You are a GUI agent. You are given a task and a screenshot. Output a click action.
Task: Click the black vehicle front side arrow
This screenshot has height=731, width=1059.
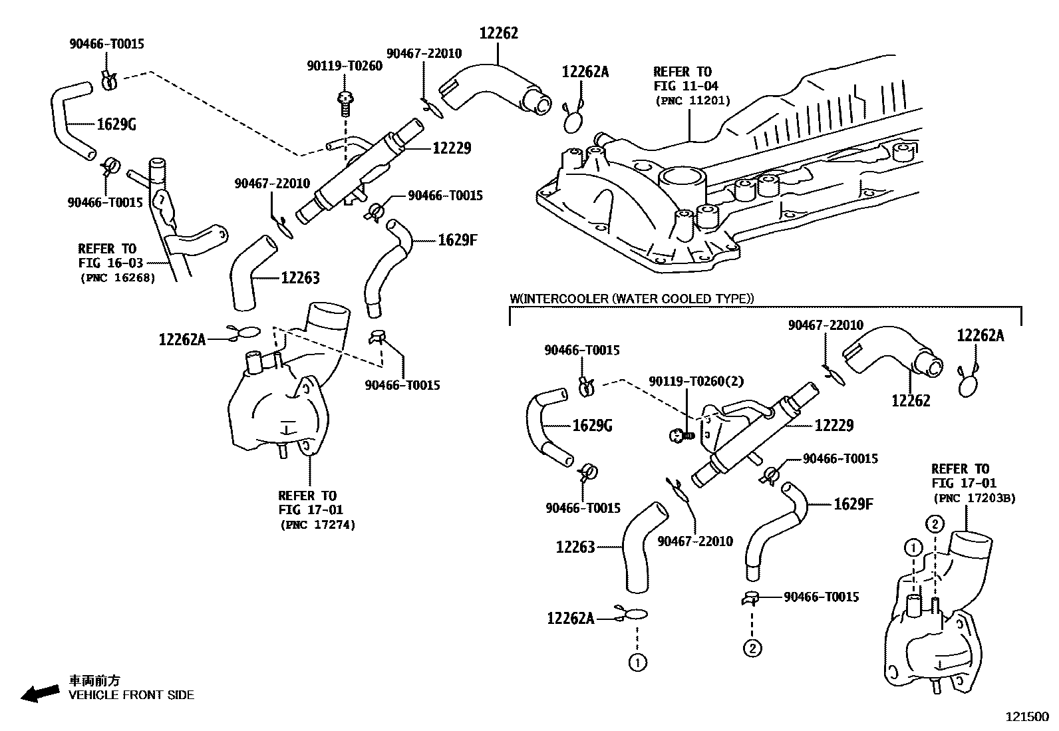[x=39, y=692]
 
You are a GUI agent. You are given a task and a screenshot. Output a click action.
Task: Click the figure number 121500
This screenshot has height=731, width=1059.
[x=1026, y=718]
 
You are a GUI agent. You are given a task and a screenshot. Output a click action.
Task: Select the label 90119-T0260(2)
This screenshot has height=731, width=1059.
[x=696, y=381]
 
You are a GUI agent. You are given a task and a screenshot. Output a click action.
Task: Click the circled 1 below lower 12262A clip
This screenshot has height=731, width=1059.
[x=637, y=662]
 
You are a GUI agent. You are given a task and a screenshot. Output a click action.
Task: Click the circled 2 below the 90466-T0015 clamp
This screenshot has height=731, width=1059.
[x=752, y=647]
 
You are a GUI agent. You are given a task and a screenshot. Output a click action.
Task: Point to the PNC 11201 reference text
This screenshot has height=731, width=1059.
[x=692, y=101]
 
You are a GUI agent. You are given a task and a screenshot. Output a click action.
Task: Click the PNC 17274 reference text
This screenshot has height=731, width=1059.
[x=317, y=525]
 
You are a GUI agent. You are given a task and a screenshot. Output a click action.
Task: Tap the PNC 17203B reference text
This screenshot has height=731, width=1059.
[x=974, y=498]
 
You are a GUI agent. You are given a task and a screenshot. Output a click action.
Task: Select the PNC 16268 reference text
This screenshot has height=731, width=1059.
[x=117, y=277]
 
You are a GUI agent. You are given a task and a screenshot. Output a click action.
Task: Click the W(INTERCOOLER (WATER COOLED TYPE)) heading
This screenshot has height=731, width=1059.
[x=632, y=299]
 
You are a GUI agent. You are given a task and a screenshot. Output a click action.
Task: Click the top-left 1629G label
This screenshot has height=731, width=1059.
[x=116, y=124]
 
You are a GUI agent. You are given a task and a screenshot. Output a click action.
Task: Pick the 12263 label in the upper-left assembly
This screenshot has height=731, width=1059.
[x=299, y=277]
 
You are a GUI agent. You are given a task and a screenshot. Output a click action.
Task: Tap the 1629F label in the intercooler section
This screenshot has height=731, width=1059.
[x=853, y=504]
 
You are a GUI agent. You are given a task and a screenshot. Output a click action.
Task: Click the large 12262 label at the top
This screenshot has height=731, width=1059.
[x=498, y=33]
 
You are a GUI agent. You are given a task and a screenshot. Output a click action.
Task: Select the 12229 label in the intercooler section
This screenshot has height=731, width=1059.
[x=833, y=424]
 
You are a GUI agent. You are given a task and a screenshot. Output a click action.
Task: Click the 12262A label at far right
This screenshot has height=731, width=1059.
[x=980, y=335]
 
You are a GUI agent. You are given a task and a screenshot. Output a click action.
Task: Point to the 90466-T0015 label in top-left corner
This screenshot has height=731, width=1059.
[x=106, y=44]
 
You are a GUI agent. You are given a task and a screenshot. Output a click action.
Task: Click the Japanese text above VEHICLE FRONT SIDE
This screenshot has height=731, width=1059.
[x=94, y=680]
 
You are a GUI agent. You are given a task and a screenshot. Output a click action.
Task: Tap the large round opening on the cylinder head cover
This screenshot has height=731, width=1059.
[x=682, y=178]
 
